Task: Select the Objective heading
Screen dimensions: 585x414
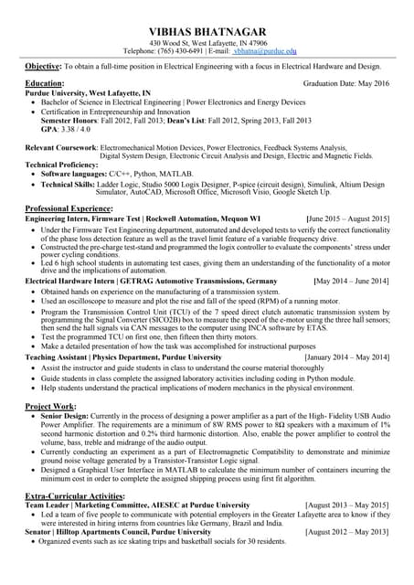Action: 42,67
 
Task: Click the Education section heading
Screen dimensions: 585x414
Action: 44,83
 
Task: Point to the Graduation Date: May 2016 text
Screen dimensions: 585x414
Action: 345,83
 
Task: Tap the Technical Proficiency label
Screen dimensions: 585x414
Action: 60,165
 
